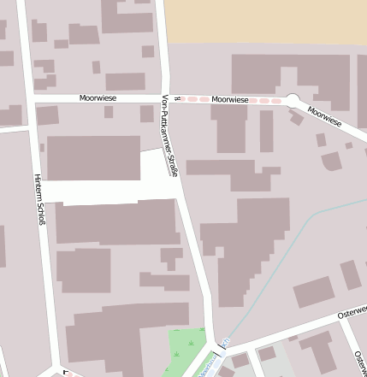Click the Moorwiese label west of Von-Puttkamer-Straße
(98, 98)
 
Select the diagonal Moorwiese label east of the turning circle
(324, 116)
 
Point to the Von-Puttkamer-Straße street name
(170, 136)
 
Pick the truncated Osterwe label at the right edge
(352, 312)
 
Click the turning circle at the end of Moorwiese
(293, 101)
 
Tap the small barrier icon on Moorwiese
(176, 99)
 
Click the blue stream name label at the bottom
(208, 368)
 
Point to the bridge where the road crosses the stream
(225, 344)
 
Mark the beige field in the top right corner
(265, 21)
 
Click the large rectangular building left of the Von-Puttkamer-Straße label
(93, 157)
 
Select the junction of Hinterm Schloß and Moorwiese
(30, 99)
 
